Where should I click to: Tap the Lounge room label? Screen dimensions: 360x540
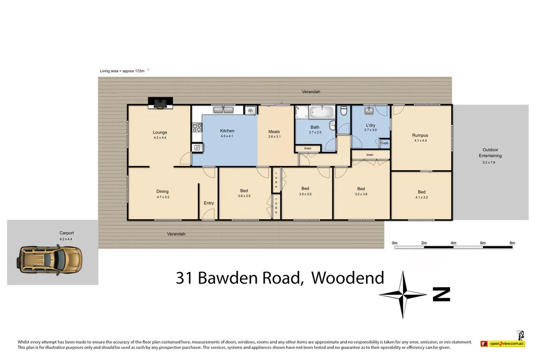160,132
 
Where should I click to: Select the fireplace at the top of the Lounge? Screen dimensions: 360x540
159,103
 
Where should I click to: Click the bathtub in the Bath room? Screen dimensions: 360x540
321,112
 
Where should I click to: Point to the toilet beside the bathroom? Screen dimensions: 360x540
344,111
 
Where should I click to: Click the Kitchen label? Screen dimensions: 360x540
227,131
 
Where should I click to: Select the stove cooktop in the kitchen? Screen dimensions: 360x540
197,127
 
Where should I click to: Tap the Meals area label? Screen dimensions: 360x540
274,132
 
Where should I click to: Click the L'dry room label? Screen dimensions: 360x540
371,125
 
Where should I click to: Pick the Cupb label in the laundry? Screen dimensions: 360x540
384,143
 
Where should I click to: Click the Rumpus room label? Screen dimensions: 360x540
420,135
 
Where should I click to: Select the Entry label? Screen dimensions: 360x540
209,203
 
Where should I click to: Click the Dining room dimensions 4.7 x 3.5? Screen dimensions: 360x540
162,197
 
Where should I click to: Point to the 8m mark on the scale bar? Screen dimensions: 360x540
512,242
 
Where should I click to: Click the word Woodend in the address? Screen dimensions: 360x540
348,278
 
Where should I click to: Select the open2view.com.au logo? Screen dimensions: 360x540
503,344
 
